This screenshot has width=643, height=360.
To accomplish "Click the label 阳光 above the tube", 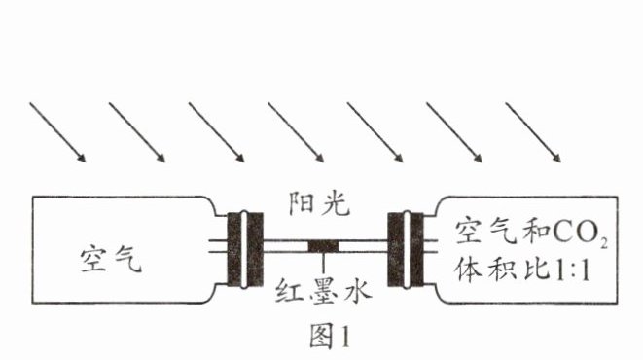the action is click(x=319, y=203).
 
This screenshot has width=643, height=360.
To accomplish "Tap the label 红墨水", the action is click(x=323, y=291).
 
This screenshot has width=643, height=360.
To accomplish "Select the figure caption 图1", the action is click(x=330, y=336).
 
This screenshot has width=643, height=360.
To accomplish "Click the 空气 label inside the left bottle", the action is click(x=111, y=260).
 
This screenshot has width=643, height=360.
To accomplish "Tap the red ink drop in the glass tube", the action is click(x=323, y=246).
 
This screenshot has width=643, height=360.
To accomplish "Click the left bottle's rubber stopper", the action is click(x=245, y=249).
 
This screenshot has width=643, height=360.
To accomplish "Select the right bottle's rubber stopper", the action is click(x=406, y=249).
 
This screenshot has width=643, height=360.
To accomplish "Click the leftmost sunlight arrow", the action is click(x=57, y=132).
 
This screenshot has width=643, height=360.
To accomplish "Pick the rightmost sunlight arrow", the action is click(x=533, y=132).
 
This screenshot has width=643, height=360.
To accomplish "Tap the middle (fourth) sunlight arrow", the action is click(x=296, y=132).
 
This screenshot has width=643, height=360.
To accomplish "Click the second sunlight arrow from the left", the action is click(x=137, y=132).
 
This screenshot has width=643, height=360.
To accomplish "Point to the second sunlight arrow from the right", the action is click(x=454, y=132).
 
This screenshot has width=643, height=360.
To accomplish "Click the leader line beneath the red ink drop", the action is click(x=323, y=263).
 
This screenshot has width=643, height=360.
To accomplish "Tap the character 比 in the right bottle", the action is click(x=536, y=270).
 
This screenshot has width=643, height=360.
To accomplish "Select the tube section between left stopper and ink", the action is click(x=285, y=246).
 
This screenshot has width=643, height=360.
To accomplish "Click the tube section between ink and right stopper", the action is click(x=363, y=246).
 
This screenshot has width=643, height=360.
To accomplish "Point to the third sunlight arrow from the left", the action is click(x=217, y=132).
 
